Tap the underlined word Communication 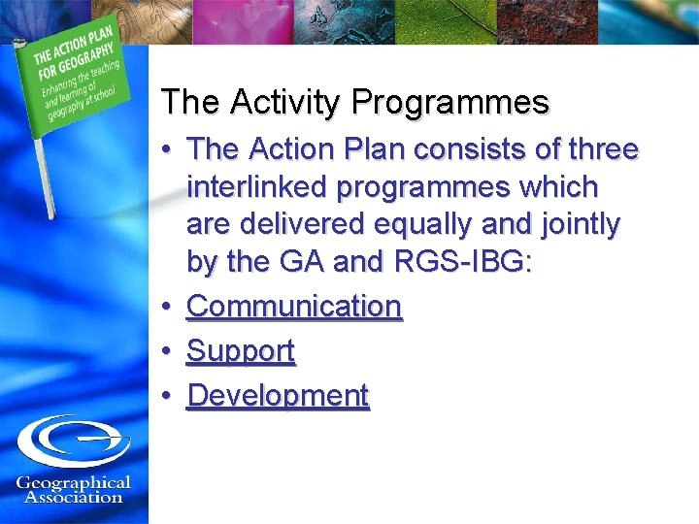[294, 307]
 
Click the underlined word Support [241, 351]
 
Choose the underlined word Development [278, 396]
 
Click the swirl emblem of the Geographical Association [74, 442]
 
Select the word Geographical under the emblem [73, 482]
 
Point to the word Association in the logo [73, 498]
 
